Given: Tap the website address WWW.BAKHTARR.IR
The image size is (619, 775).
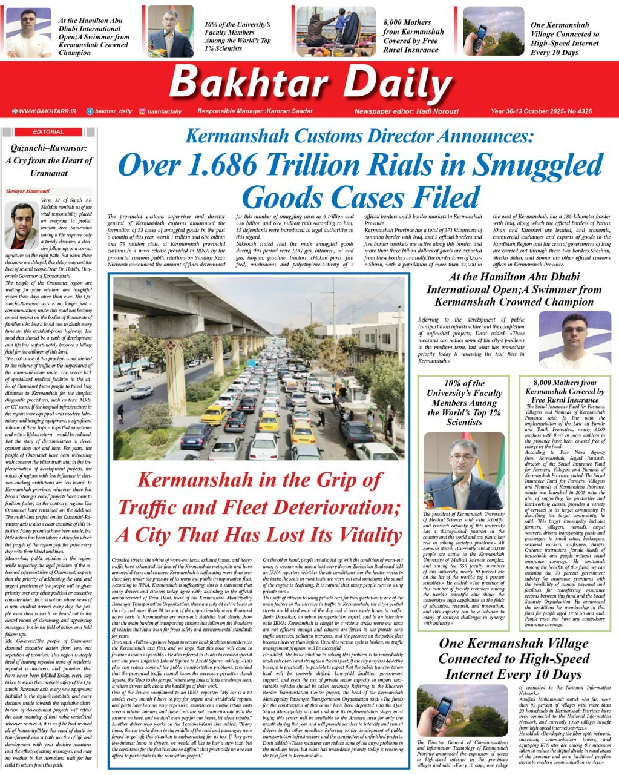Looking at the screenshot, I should point(47,111).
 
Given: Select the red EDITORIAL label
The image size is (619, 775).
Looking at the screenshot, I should point(48,131).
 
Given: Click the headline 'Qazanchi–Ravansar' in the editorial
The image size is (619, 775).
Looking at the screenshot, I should point(49,148).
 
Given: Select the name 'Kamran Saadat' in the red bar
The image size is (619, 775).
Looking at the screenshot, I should point(289,111).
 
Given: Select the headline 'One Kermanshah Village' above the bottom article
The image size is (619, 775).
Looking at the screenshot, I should point(513,643).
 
